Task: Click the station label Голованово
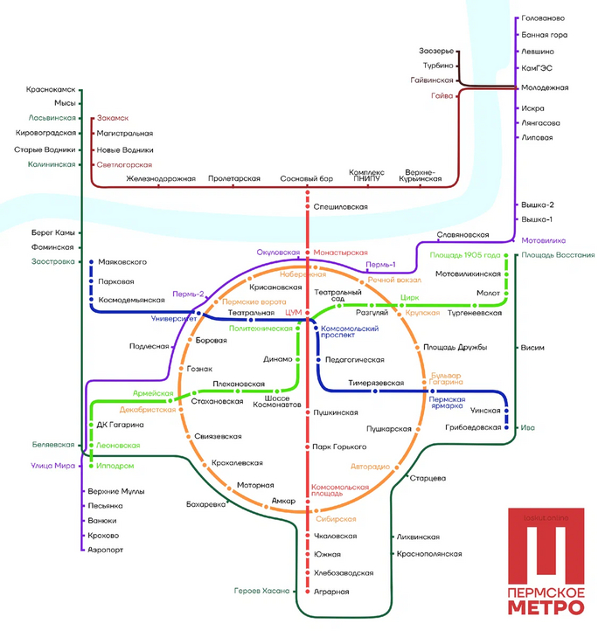(543, 18)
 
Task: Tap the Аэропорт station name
(107, 550)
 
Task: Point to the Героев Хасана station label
(261, 592)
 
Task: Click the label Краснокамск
(51, 89)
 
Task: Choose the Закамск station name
(113, 117)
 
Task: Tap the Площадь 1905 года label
(465, 255)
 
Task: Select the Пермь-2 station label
(188, 294)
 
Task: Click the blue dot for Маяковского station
(92, 261)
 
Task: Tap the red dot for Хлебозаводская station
(307, 572)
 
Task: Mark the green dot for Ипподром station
(91, 466)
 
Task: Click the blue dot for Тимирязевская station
(373, 391)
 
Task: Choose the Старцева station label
(428, 478)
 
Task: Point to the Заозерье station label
(437, 51)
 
